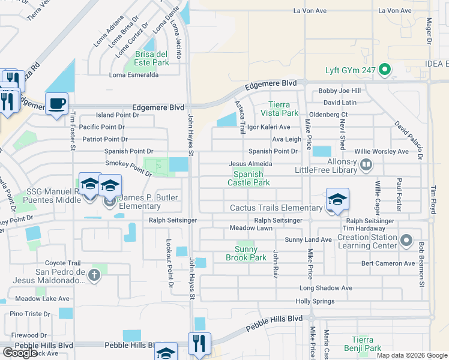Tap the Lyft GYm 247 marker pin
click(384, 70)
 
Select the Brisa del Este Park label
click(148, 58)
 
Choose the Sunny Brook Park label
click(246, 253)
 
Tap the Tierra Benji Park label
click(366, 344)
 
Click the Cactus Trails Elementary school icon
click(337, 200)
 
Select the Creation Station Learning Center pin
click(407, 241)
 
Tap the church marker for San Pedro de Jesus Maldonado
click(94, 275)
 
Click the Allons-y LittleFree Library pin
click(366, 163)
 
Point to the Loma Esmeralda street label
click(133, 75)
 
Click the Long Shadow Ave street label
click(325, 288)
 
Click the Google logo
click(20, 353)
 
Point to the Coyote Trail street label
click(63, 263)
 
